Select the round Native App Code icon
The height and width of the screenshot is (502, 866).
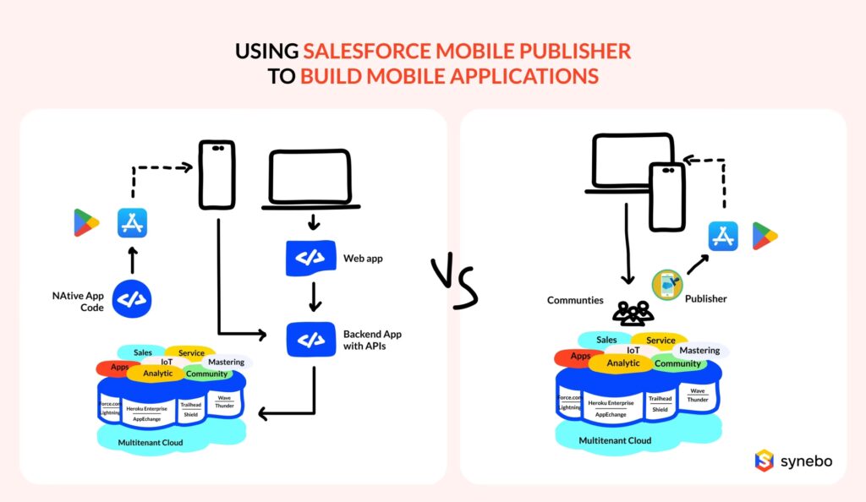pos(132,298)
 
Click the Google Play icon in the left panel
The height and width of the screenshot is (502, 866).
pos(86,223)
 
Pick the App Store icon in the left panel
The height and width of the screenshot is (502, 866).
pos(133,223)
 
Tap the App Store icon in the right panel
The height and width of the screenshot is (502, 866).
pos(723,236)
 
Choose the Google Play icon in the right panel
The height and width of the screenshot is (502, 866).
pos(765,236)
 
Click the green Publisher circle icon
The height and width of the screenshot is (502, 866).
pos(667,284)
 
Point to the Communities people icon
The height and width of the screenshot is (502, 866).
pos(633,314)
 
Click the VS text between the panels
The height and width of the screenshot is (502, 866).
pos(454,282)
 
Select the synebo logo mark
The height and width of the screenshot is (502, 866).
pos(765,460)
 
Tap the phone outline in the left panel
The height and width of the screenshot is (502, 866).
pos(217,175)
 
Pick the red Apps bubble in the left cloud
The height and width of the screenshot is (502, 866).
pos(119,368)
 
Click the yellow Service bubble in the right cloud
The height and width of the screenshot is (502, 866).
pos(660,341)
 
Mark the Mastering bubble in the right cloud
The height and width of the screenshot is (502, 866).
pos(699,351)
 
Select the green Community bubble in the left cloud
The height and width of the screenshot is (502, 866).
pos(206,374)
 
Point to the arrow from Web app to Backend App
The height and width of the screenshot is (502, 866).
pos(313,296)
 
